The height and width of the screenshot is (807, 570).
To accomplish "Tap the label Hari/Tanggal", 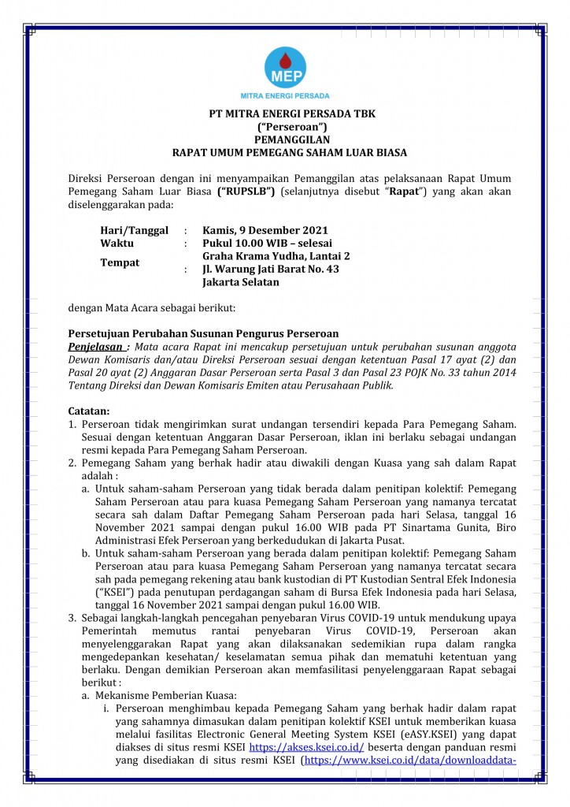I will pyautogui.click(x=135, y=230).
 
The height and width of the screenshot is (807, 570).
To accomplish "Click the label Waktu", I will pyautogui.click(x=117, y=244).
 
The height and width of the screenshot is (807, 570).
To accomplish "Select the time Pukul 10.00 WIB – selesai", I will pyautogui.click(x=268, y=244).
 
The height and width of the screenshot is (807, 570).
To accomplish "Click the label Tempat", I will pyautogui.click(x=120, y=262).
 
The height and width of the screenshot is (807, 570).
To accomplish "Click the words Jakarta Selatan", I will pyautogui.click(x=240, y=282).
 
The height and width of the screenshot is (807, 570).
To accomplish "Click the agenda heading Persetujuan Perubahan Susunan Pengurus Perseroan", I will pyautogui.click(x=203, y=333).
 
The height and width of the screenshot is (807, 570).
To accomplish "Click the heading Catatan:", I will pyautogui.click(x=88, y=411).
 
